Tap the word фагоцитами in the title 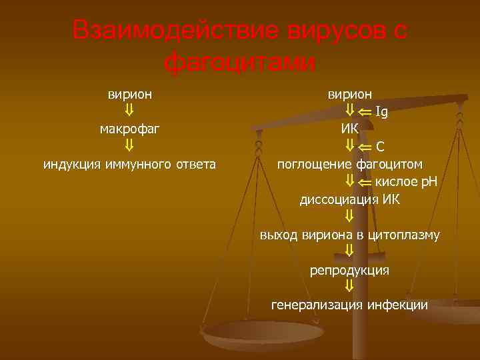point(239,63)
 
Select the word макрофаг point(130,128)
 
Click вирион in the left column point(130,94)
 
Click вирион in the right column point(349,94)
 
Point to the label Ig point(382,111)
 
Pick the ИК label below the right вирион point(349,128)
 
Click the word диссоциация point(340,199)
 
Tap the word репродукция point(349,270)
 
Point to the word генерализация point(317,305)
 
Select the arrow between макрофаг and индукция point(130,145)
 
